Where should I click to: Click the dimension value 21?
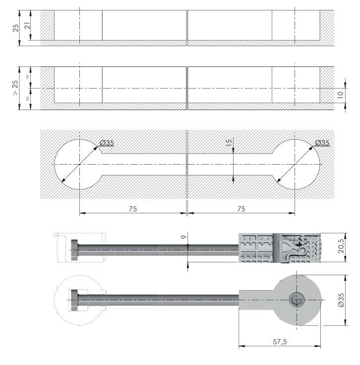[27, 25]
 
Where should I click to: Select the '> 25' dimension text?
[15, 88]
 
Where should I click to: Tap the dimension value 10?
[340, 95]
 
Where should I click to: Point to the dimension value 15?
[229, 142]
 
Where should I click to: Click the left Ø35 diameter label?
[107, 143]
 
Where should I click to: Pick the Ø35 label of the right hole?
[322, 142]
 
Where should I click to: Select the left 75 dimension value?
[132, 209]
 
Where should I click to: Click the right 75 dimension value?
[241, 209]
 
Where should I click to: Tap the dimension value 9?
[184, 237]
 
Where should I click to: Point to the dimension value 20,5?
[341, 247]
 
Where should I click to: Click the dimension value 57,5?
[280, 342]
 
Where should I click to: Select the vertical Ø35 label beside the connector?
[341, 300]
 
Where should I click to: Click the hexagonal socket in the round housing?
[297, 300]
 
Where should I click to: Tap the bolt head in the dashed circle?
[74, 300]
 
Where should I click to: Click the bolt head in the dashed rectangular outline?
[74, 250]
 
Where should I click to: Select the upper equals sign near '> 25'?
[28, 76]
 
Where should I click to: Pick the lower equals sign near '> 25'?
[28, 99]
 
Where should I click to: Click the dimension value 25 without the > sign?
[15, 28]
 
